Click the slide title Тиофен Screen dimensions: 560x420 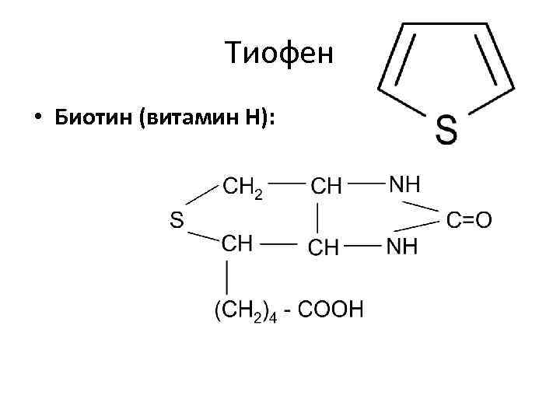(x=278, y=54)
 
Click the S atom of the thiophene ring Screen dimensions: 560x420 (x=446, y=130)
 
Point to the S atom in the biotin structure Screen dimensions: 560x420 (x=177, y=221)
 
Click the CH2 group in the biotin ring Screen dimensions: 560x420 (x=242, y=187)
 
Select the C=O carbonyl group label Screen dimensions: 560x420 (x=470, y=220)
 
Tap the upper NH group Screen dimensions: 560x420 (x=404, y=185)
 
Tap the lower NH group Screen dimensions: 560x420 (x=403, y=247)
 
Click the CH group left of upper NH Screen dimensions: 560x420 (x=326, y=187)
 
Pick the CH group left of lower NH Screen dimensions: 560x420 (x=324, y=247)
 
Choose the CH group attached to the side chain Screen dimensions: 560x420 (x=237, y=243)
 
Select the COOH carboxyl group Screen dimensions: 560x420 (x=331, y=310)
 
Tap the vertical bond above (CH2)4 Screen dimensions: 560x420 (x=226, y=277)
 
